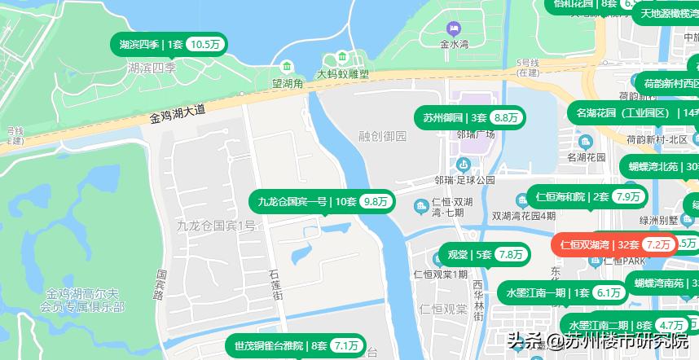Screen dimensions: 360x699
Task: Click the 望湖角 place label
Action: (288, 83)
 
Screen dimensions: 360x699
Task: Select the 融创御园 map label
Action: (382, 136)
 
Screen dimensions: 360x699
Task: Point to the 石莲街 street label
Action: (276, 284)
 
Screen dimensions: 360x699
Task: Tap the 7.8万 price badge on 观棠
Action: (511, 255)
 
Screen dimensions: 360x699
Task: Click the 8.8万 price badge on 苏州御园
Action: (506, 118)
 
